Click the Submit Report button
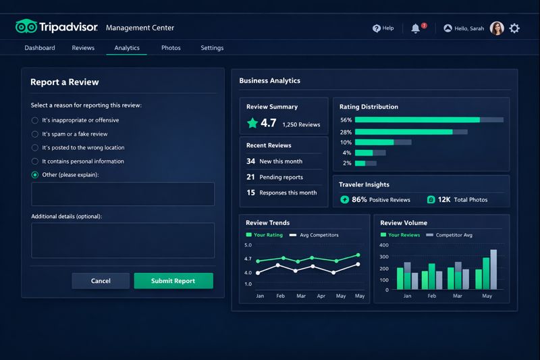click(173, 281)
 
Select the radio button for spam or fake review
click(35, 134)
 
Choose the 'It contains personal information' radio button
click(35, 161)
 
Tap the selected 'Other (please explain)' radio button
click(35, 175)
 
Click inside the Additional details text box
click(122, 240)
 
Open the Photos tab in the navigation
click(171, 48)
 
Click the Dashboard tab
click(40, 48)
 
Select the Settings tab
click(212, 48)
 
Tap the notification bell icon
click(416, 28)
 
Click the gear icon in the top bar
click(514, 28)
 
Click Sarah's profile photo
click(497, 28)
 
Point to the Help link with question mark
click(383, 28)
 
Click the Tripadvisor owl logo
click(26, 27)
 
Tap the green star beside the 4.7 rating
click(252, 123)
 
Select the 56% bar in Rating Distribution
click(417, 120)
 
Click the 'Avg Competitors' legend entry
click(314, 235)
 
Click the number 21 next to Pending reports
click(250, 177)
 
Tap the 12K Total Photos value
click(443, 199)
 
